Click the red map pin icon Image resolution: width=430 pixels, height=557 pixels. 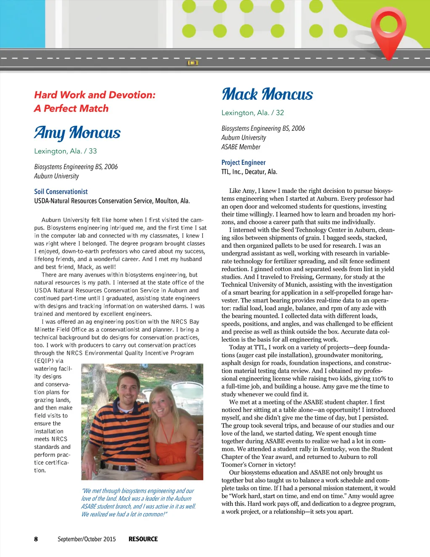[x=390, y=29]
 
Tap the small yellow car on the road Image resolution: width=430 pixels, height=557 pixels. [x=192, y=63]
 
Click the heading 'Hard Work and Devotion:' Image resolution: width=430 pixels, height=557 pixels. [x=95, y=95]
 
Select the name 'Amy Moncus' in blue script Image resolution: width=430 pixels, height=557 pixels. [x=77, y=132]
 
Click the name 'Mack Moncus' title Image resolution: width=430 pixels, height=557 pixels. [x=267, y=94]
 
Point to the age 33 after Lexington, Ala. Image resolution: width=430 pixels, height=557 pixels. [x=93, y=151]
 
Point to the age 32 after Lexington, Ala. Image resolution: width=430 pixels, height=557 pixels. [x=280, y=113]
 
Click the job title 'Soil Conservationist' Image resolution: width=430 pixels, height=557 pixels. [x=61, y=192]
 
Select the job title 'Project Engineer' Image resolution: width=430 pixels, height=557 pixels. [x=244, y=163]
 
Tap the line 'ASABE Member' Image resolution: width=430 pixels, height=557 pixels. [x=241, y=147]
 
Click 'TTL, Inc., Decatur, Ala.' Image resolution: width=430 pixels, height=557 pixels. [x=249, y=172]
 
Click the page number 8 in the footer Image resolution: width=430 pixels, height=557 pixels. [x=36, y=539]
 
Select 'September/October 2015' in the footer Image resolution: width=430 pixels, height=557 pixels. [x=87, y=539]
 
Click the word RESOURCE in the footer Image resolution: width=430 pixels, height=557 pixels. [x=143, y=539]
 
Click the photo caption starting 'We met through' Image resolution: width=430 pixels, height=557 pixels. [x=138, y=502]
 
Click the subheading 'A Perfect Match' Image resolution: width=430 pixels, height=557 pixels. [x=71, y=109]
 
